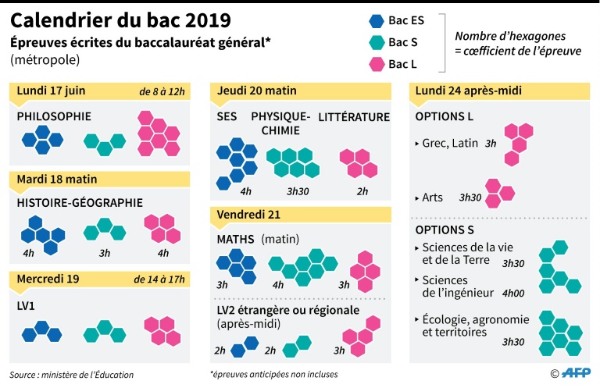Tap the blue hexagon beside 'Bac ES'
coord(376,21)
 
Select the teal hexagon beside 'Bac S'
coord(376,42)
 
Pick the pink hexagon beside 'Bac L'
coord(376,63)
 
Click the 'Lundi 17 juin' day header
coord(52,91)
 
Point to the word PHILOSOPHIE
coord(54,116)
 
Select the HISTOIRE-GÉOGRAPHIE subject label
coord(80,203)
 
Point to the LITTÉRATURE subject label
coord(354,117)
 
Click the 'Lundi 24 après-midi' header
coord(469,91)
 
